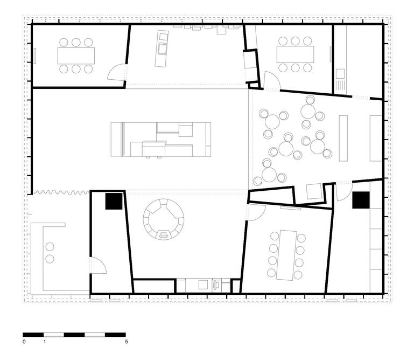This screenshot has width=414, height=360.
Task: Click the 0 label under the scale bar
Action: pyautogui.click(x=24, y=342)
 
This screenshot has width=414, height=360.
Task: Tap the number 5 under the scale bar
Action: pyautogui.click(x=127, y=342)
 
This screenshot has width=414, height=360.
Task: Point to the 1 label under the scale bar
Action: pyautogui.click(x=45, y=342)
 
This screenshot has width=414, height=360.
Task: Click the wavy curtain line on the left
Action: pyautogui.click(x=61, y=192)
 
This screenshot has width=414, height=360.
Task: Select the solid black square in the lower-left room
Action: pyautogui.click(x=114, y=201)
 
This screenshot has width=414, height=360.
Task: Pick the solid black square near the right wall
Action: pyautogui.click(x=361, y=200)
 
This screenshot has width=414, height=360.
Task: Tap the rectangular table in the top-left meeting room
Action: pyautogui.click(x=76, y=56)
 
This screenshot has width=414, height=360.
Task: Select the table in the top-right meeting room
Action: pyautogui.click(x=295, y=54)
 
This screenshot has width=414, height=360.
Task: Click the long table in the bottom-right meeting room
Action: pyautogui.click(x=286, y=255)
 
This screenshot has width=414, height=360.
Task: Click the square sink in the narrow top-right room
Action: pyautogui.click(x=340, y=74)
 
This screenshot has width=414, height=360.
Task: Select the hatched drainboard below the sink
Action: pyautogui.click(x=340, y=85)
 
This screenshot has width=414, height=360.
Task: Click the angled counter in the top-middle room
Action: pyautogui.click(x=162, y=49)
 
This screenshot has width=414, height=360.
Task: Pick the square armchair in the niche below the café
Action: pyautogui.click(x=314, y=191)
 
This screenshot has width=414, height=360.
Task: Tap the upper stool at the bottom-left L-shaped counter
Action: pyautogui.click(x=50, y=247)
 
